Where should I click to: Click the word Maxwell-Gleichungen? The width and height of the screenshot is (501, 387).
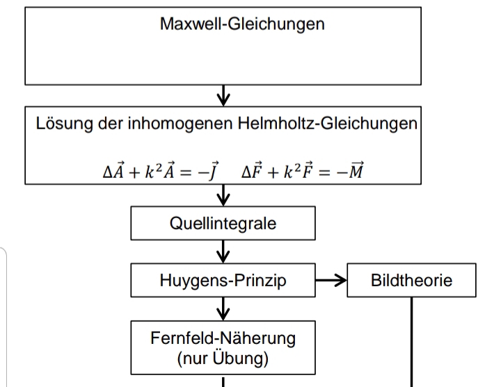pyautogui.click(x=242, y=24)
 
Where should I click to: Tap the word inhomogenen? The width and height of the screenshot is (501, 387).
pyautogui.click(x=180, y=124)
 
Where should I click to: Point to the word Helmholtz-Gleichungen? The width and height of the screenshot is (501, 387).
pyautogui.click(x=328, y=124)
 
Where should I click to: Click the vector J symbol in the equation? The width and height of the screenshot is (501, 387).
pyautogui.click(x=213, y=171)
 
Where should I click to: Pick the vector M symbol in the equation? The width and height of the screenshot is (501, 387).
pyautogui.click(x=356, y=170)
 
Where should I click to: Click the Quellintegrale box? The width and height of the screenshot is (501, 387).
pyautogui.click(x=223, y=223)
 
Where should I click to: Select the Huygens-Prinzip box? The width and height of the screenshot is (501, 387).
pyautogui.click(x=223, y=280)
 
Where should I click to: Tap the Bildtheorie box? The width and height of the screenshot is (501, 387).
pyautogui.click(x=411, y=280)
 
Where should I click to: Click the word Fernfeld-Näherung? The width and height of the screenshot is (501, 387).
pyautogui.click(x=223, y=338)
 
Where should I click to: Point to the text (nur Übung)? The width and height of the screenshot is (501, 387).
pyautogui.click(x=223, y=358)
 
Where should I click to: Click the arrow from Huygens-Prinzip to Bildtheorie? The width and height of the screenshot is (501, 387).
pyautogui.click(x=331, y=280)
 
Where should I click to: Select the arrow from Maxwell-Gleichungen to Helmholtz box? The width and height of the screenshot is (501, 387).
pyautogui.click(x=223, y=95)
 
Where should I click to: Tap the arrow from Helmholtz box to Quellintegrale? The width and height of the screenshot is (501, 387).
pyautogui.click(x=223, y=195)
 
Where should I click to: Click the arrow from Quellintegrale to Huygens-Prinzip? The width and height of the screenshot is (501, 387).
pyautogui.click(x=223, y=252)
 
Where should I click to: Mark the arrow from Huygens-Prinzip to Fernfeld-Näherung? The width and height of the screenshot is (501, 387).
pyautogui.click(x=223, y=308)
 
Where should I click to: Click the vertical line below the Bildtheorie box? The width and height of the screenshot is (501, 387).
pyautogui.click(x=411, y=342)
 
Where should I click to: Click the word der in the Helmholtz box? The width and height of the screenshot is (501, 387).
pyautogui.click(x=110, y=124)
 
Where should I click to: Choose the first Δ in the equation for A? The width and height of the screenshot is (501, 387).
pyautogui.click(x=107, y=172)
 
